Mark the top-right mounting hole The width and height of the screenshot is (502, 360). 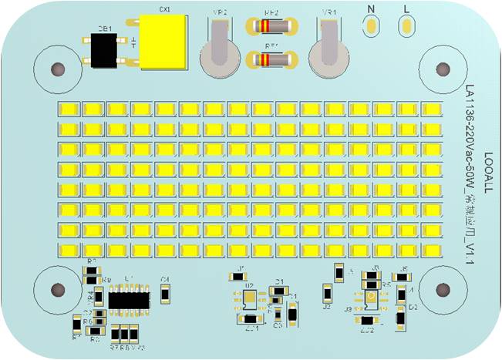(x=442, y=69)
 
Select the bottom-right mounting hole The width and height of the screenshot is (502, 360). (x=442, y=289)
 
